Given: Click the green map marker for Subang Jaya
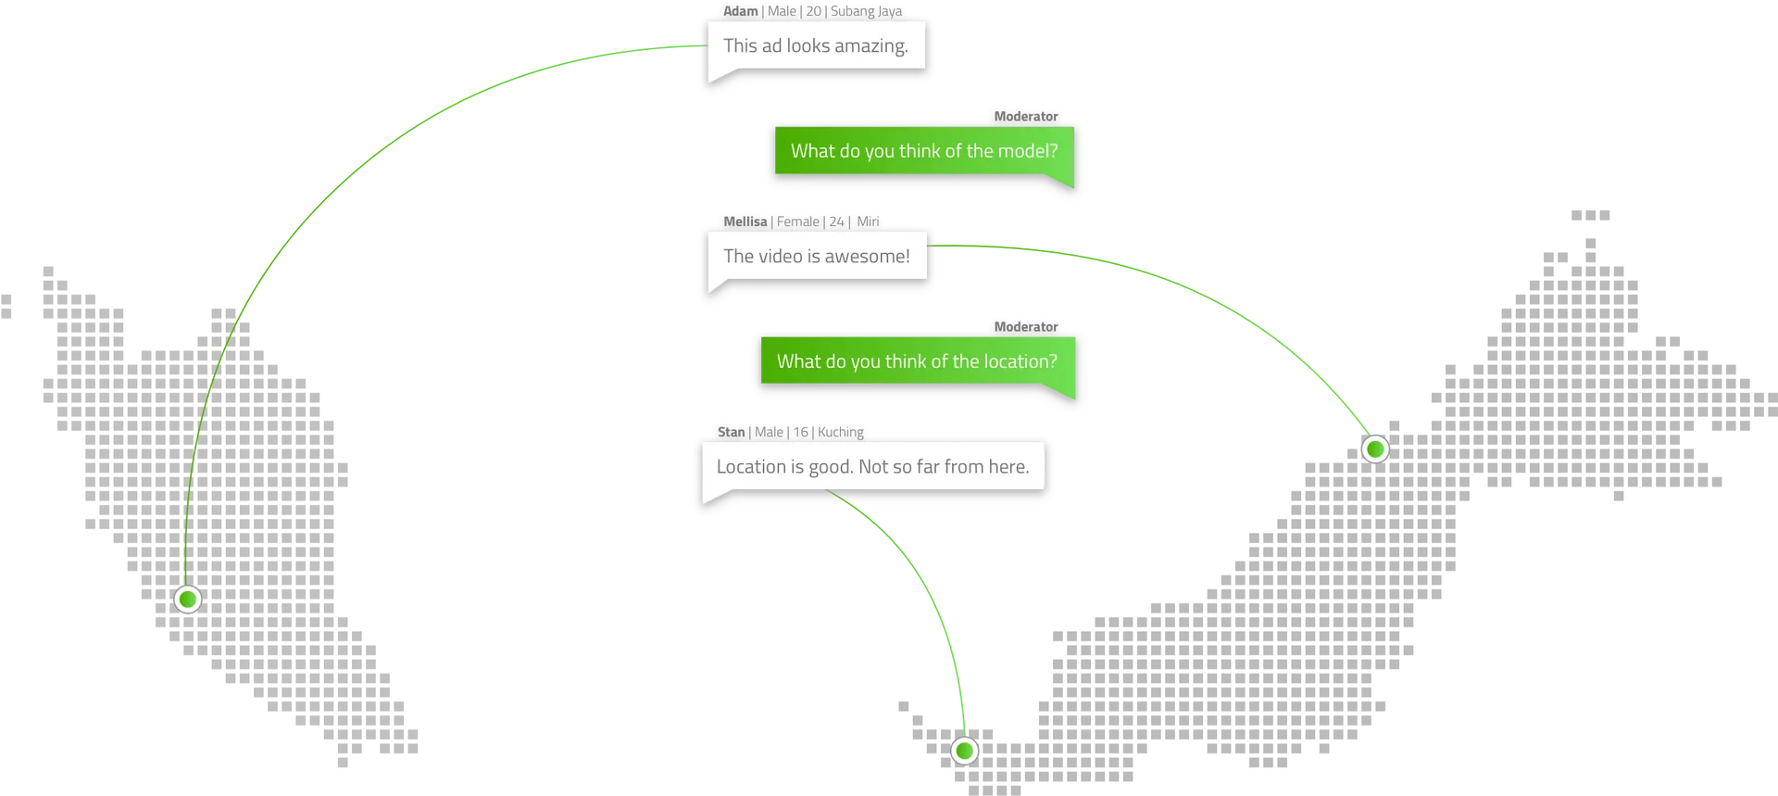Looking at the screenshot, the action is click(188, 600).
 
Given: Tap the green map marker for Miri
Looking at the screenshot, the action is click(1375, 449).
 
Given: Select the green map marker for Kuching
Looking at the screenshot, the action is click(964, 751).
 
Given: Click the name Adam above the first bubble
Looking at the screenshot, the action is click(740, 11).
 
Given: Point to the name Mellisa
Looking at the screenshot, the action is click(745, 221).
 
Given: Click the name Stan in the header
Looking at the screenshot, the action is click(731, 432).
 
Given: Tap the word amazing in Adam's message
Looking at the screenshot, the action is click(870, 46).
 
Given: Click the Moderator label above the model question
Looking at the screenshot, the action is click(1025, 117).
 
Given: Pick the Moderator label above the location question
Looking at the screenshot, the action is click(1025, 327).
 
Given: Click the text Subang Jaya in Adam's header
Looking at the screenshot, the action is click(866, 11).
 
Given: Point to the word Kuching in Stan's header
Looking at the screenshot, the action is click(840, 433).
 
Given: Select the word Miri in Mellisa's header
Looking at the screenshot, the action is click(868, 221).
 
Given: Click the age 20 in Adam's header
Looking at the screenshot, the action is click(813, 11).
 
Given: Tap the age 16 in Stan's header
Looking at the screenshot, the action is click(800, 432).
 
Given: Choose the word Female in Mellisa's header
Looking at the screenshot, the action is click(797, 221).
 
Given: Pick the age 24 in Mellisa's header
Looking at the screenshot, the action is click(836, 221).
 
